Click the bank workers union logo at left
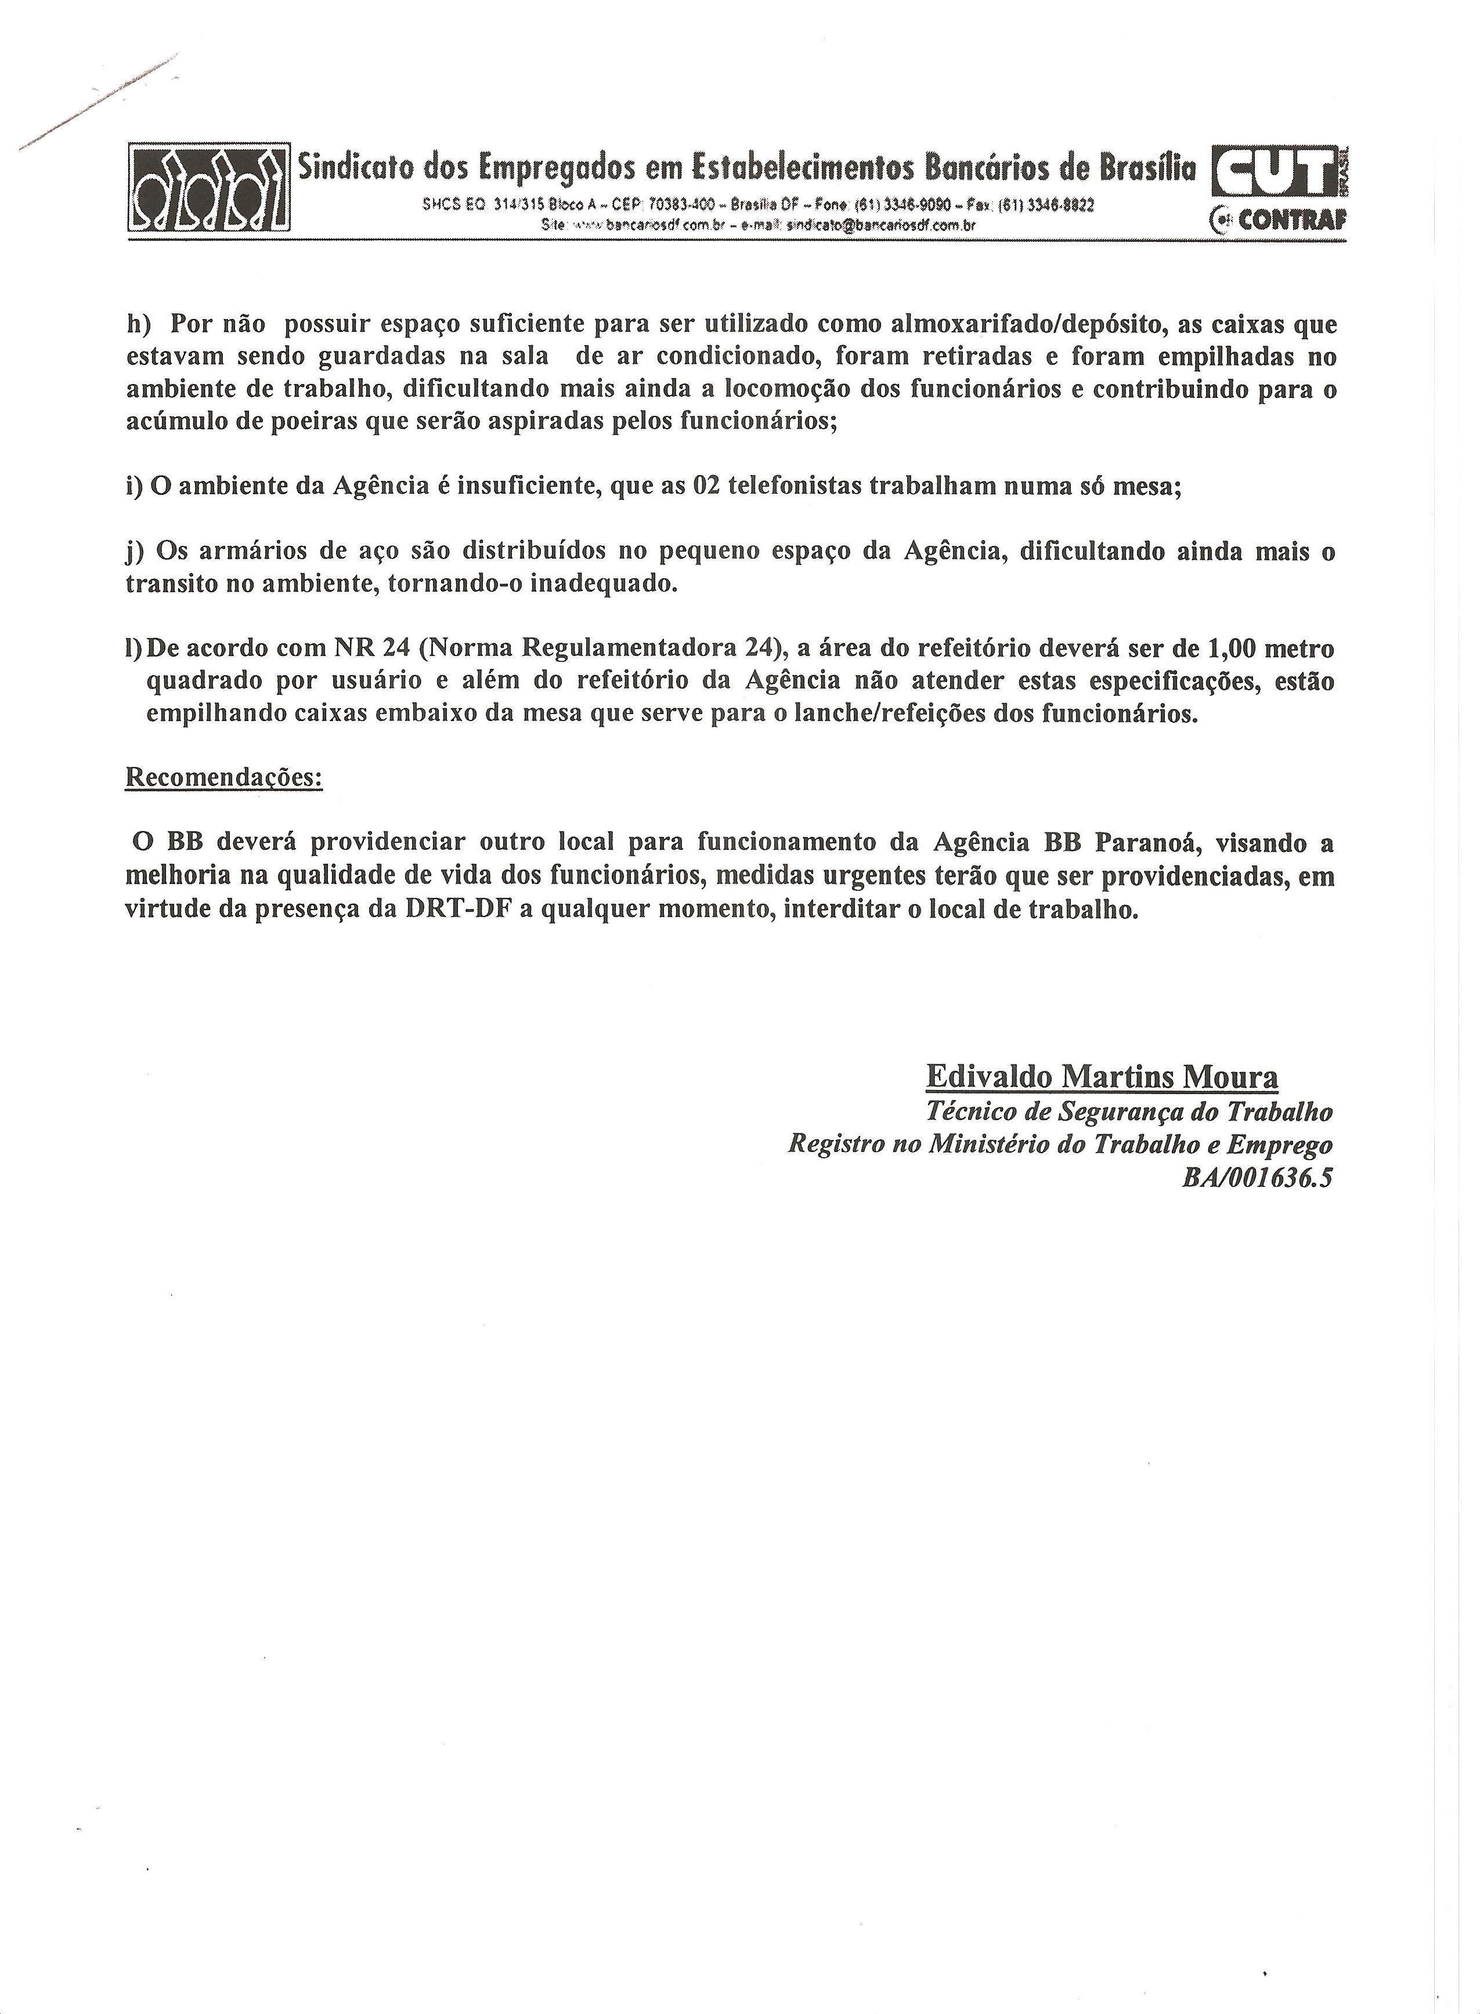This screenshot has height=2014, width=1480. click(x=209, y=189)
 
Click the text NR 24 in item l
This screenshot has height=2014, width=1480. click(x=372, y=649)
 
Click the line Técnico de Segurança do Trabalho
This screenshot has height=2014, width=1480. click(x=1129, y=1111)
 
